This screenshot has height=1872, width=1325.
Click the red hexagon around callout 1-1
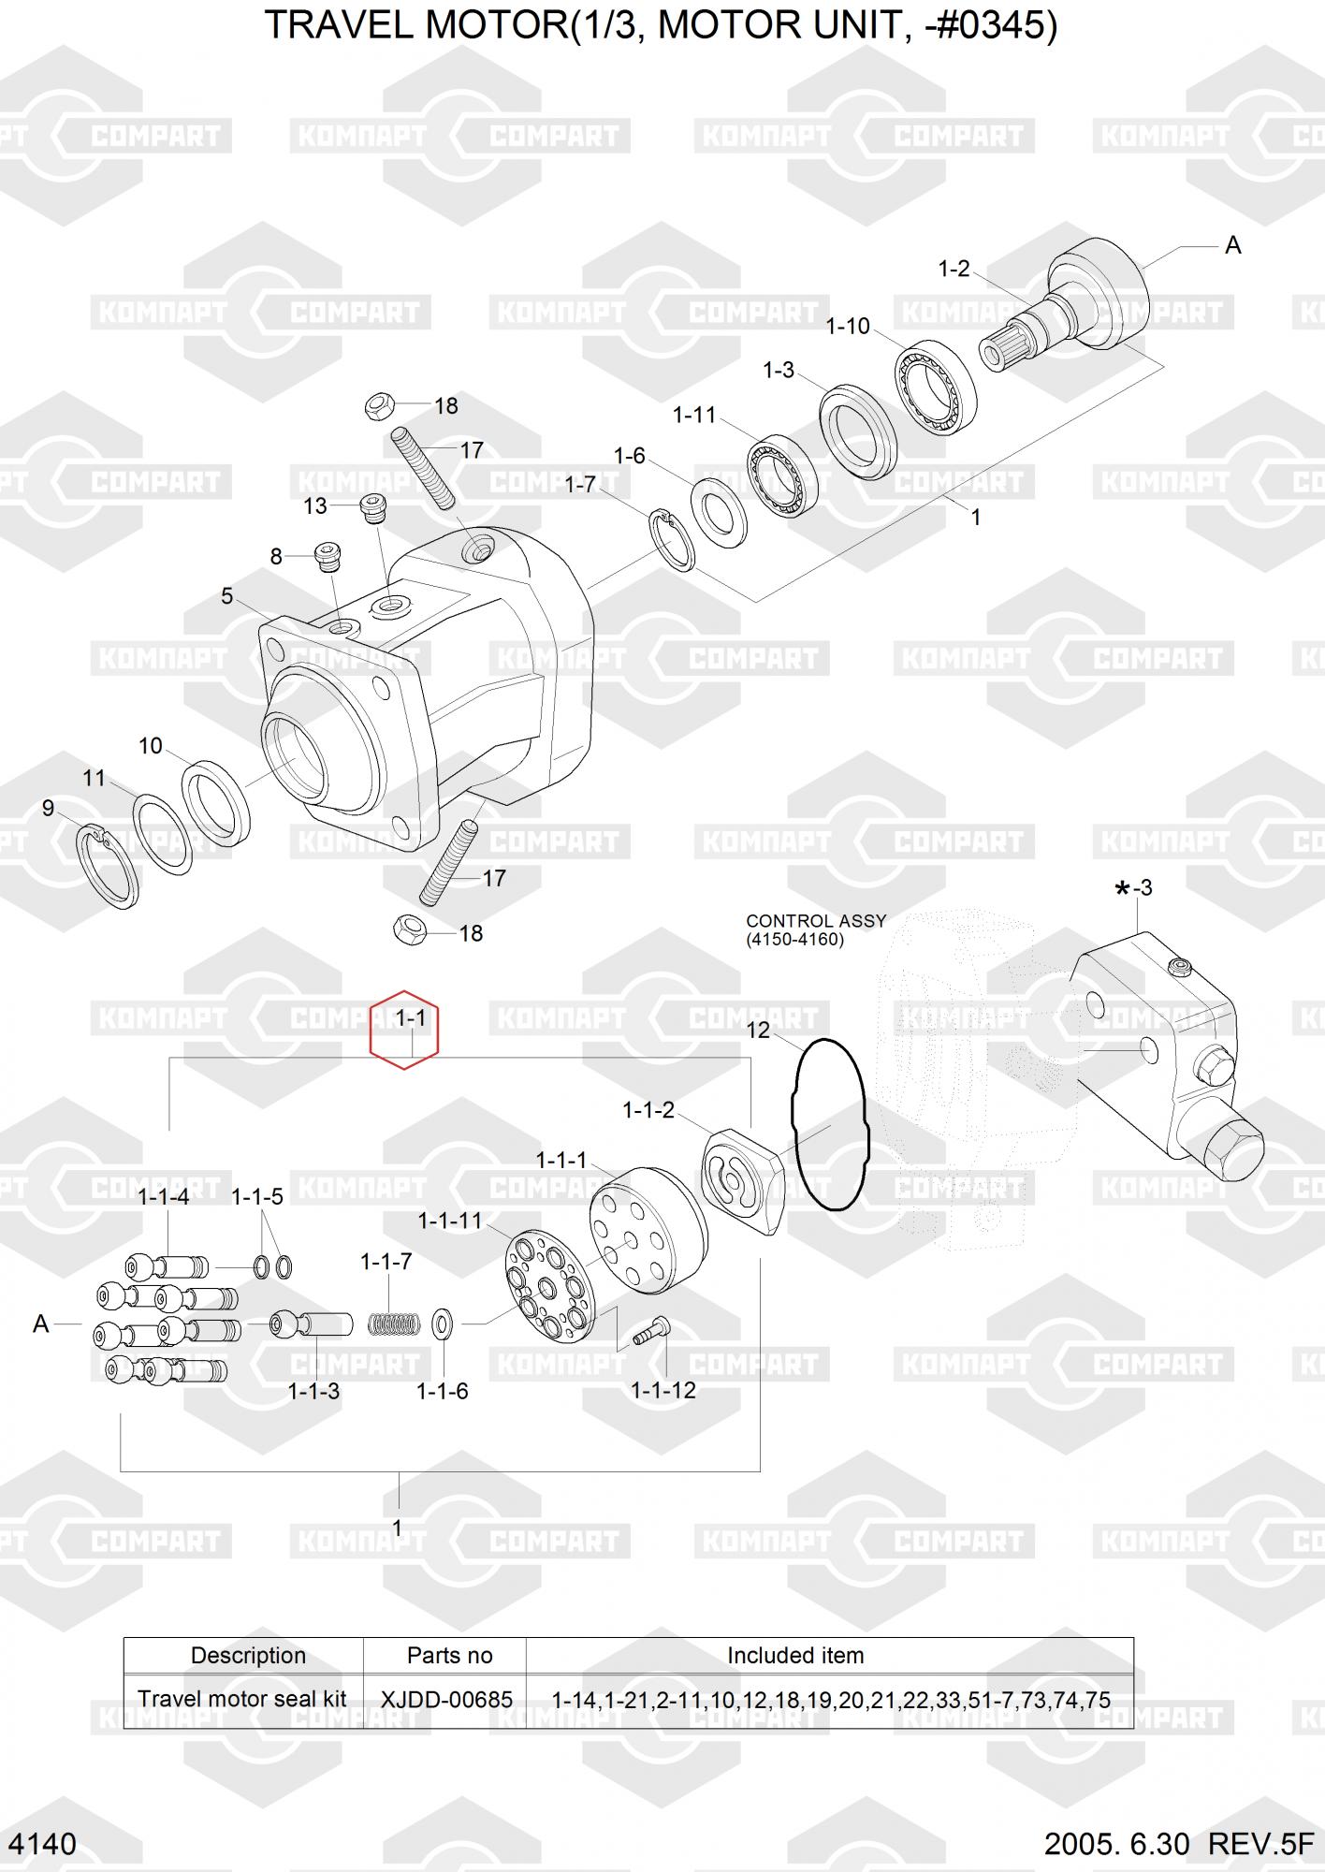point(404,1030)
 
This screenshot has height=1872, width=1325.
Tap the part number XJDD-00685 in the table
point(446,1700)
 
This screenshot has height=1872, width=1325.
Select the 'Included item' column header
point(795,1656)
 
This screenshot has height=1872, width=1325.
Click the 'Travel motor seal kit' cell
point(242,1700)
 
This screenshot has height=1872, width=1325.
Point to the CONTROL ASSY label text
point(815,921)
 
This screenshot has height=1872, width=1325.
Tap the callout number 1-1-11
point(450,1221)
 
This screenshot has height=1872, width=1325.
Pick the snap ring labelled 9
point(106,866)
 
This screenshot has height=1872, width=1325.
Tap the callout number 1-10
point(848,327)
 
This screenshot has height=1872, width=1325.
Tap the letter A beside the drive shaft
point(1233,245)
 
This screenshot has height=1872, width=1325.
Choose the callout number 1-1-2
point(648,1110)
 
